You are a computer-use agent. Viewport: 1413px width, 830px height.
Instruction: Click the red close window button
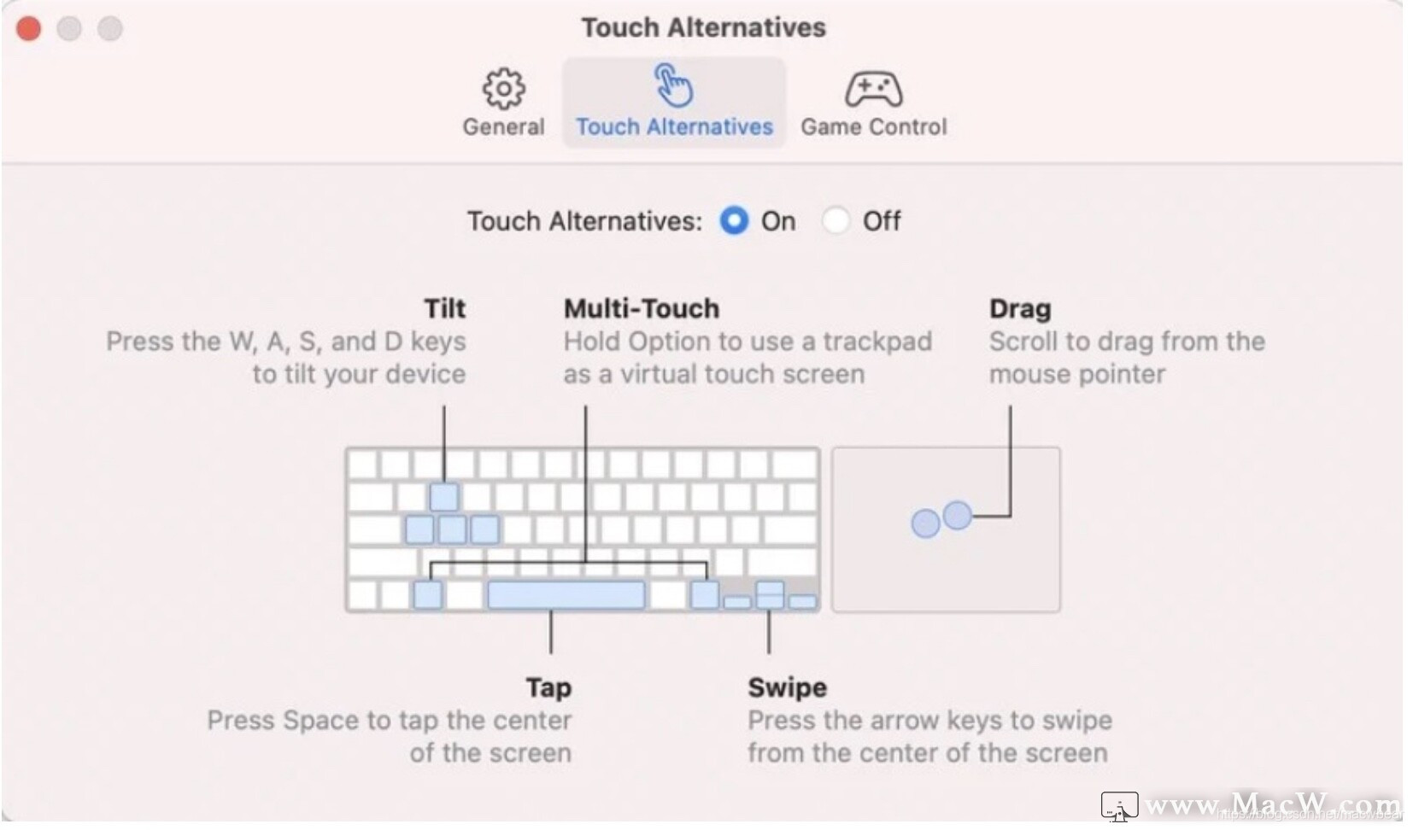pos(28,29)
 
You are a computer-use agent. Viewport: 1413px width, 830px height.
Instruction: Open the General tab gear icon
pos(503,88)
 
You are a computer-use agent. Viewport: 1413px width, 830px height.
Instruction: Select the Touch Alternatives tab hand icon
pos(674,85)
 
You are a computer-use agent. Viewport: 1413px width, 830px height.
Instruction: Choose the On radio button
pos(734,221)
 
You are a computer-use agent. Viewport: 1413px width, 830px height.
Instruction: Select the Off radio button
pos(835,221)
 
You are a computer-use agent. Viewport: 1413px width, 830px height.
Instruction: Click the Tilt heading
pos(445,308)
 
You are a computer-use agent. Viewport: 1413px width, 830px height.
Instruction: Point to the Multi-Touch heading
pos(642,308)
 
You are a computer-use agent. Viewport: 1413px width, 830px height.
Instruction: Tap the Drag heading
pos(1020,309)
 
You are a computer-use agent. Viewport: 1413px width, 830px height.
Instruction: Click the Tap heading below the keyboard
pos(548,688)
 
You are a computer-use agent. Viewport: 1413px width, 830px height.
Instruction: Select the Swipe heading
pos(788,688)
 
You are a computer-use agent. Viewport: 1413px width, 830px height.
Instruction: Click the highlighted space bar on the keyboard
pos(566,595)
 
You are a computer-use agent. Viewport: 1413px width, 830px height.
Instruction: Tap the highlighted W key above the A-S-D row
pos(444,497)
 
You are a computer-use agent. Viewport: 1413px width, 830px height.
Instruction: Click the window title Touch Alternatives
pos(703,27)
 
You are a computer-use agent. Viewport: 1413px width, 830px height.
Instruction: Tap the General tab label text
pos(503,126)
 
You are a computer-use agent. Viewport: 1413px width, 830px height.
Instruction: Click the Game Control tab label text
pos(874,126)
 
